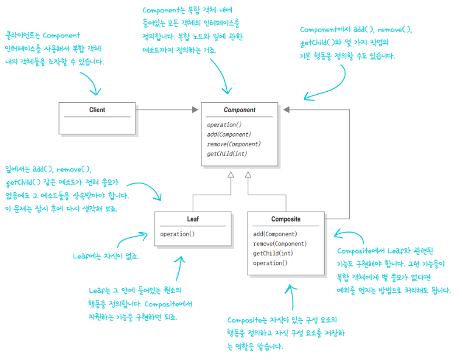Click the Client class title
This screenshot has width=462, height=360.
(x=97, y=110)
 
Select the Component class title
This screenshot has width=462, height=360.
(x=239, y=110)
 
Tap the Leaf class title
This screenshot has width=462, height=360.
(x=193, y=219)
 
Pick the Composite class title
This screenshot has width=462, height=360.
(x=286, y=219)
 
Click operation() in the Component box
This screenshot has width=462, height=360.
(x=224, y=124)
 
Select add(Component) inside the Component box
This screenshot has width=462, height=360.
(x=229, y=134)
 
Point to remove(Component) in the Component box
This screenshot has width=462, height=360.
(x=234, y=144)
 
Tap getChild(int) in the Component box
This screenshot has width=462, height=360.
(x=227, y=154)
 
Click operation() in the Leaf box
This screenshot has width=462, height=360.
(x=178, y=234)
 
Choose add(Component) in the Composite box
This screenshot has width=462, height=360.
(x=275, y=234)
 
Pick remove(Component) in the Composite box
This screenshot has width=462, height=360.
(x=280, y=244)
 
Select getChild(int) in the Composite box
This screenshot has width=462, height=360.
(x=273, y=253)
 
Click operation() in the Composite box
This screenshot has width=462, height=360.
(x=270, y=263)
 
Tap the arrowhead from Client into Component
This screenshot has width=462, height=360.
(x=195, y=110)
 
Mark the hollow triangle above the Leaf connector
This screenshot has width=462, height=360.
(x=231, y=175)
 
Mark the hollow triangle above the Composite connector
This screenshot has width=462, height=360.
(x=248, y=175)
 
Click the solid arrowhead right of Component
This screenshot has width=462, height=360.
(x=286, y=110)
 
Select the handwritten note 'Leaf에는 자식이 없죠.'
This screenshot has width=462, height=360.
(x=106, y=256)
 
